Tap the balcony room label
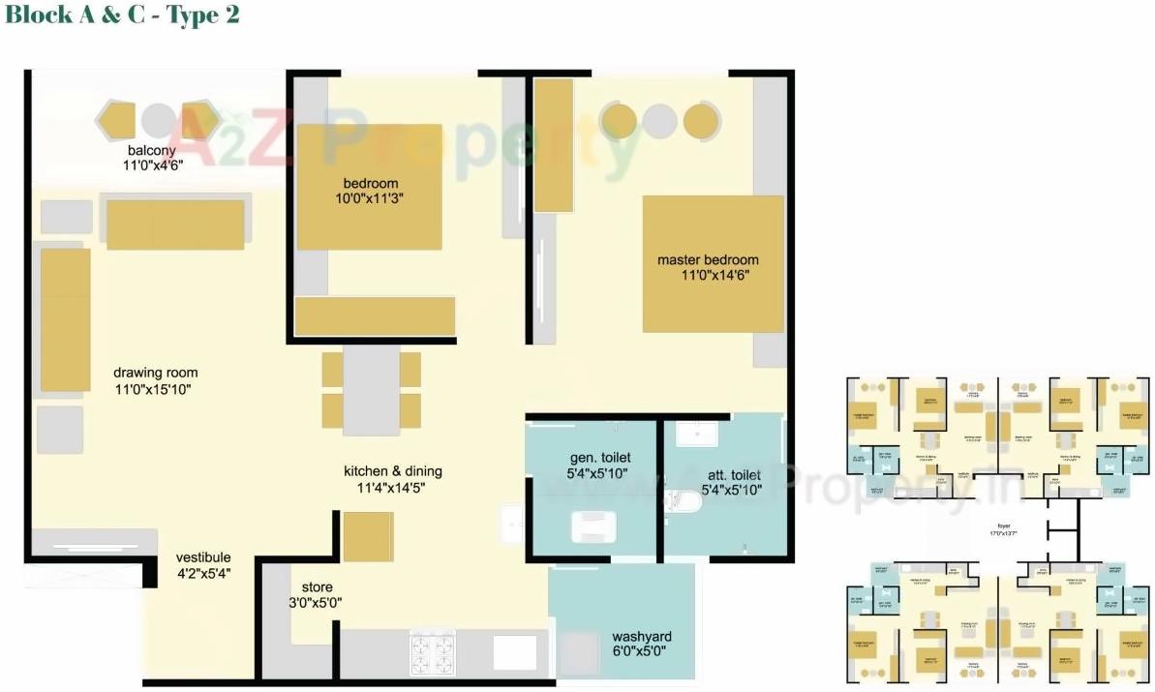point(152,150)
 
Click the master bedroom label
point(708,259)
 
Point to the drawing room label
point(155,373)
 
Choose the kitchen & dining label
point(392,471)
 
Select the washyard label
point(641,637)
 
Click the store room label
point(317,587)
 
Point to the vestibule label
point(203,557)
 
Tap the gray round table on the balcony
point(159,120)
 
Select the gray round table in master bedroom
point(660,121)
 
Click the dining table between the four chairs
point(371,389)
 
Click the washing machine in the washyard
point(580,652)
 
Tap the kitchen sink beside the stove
point(513,651)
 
